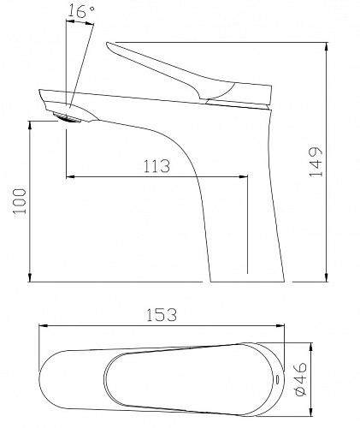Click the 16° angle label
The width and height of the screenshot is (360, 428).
[x=81, y=12]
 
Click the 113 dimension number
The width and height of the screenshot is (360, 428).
[x=156, y=166]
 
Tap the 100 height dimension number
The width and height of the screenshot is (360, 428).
[x=20, y=201]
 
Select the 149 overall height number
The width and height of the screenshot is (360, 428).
[x=316, y=162]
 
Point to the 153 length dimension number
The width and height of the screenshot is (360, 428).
[x=162, y=315]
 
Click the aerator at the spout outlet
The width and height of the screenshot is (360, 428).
[x=67, y=118]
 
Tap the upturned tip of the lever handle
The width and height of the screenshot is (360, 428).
[x=108, y=44]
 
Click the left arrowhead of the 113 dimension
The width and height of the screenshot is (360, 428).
[x=70, y=177]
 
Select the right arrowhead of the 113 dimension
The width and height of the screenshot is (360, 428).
[x=244, y=177]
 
